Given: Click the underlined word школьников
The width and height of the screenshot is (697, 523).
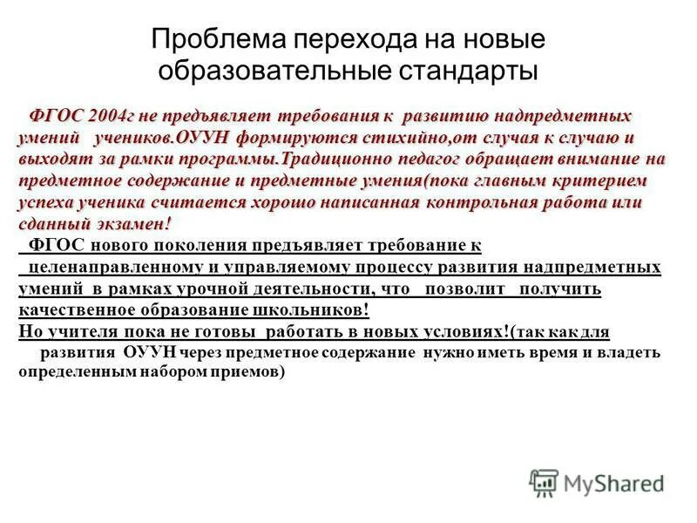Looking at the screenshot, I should click(321, 310).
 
